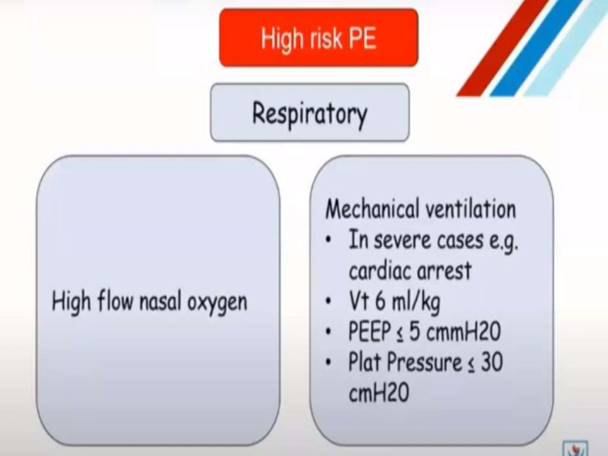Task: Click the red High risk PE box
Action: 319,38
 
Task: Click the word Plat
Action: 365,362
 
